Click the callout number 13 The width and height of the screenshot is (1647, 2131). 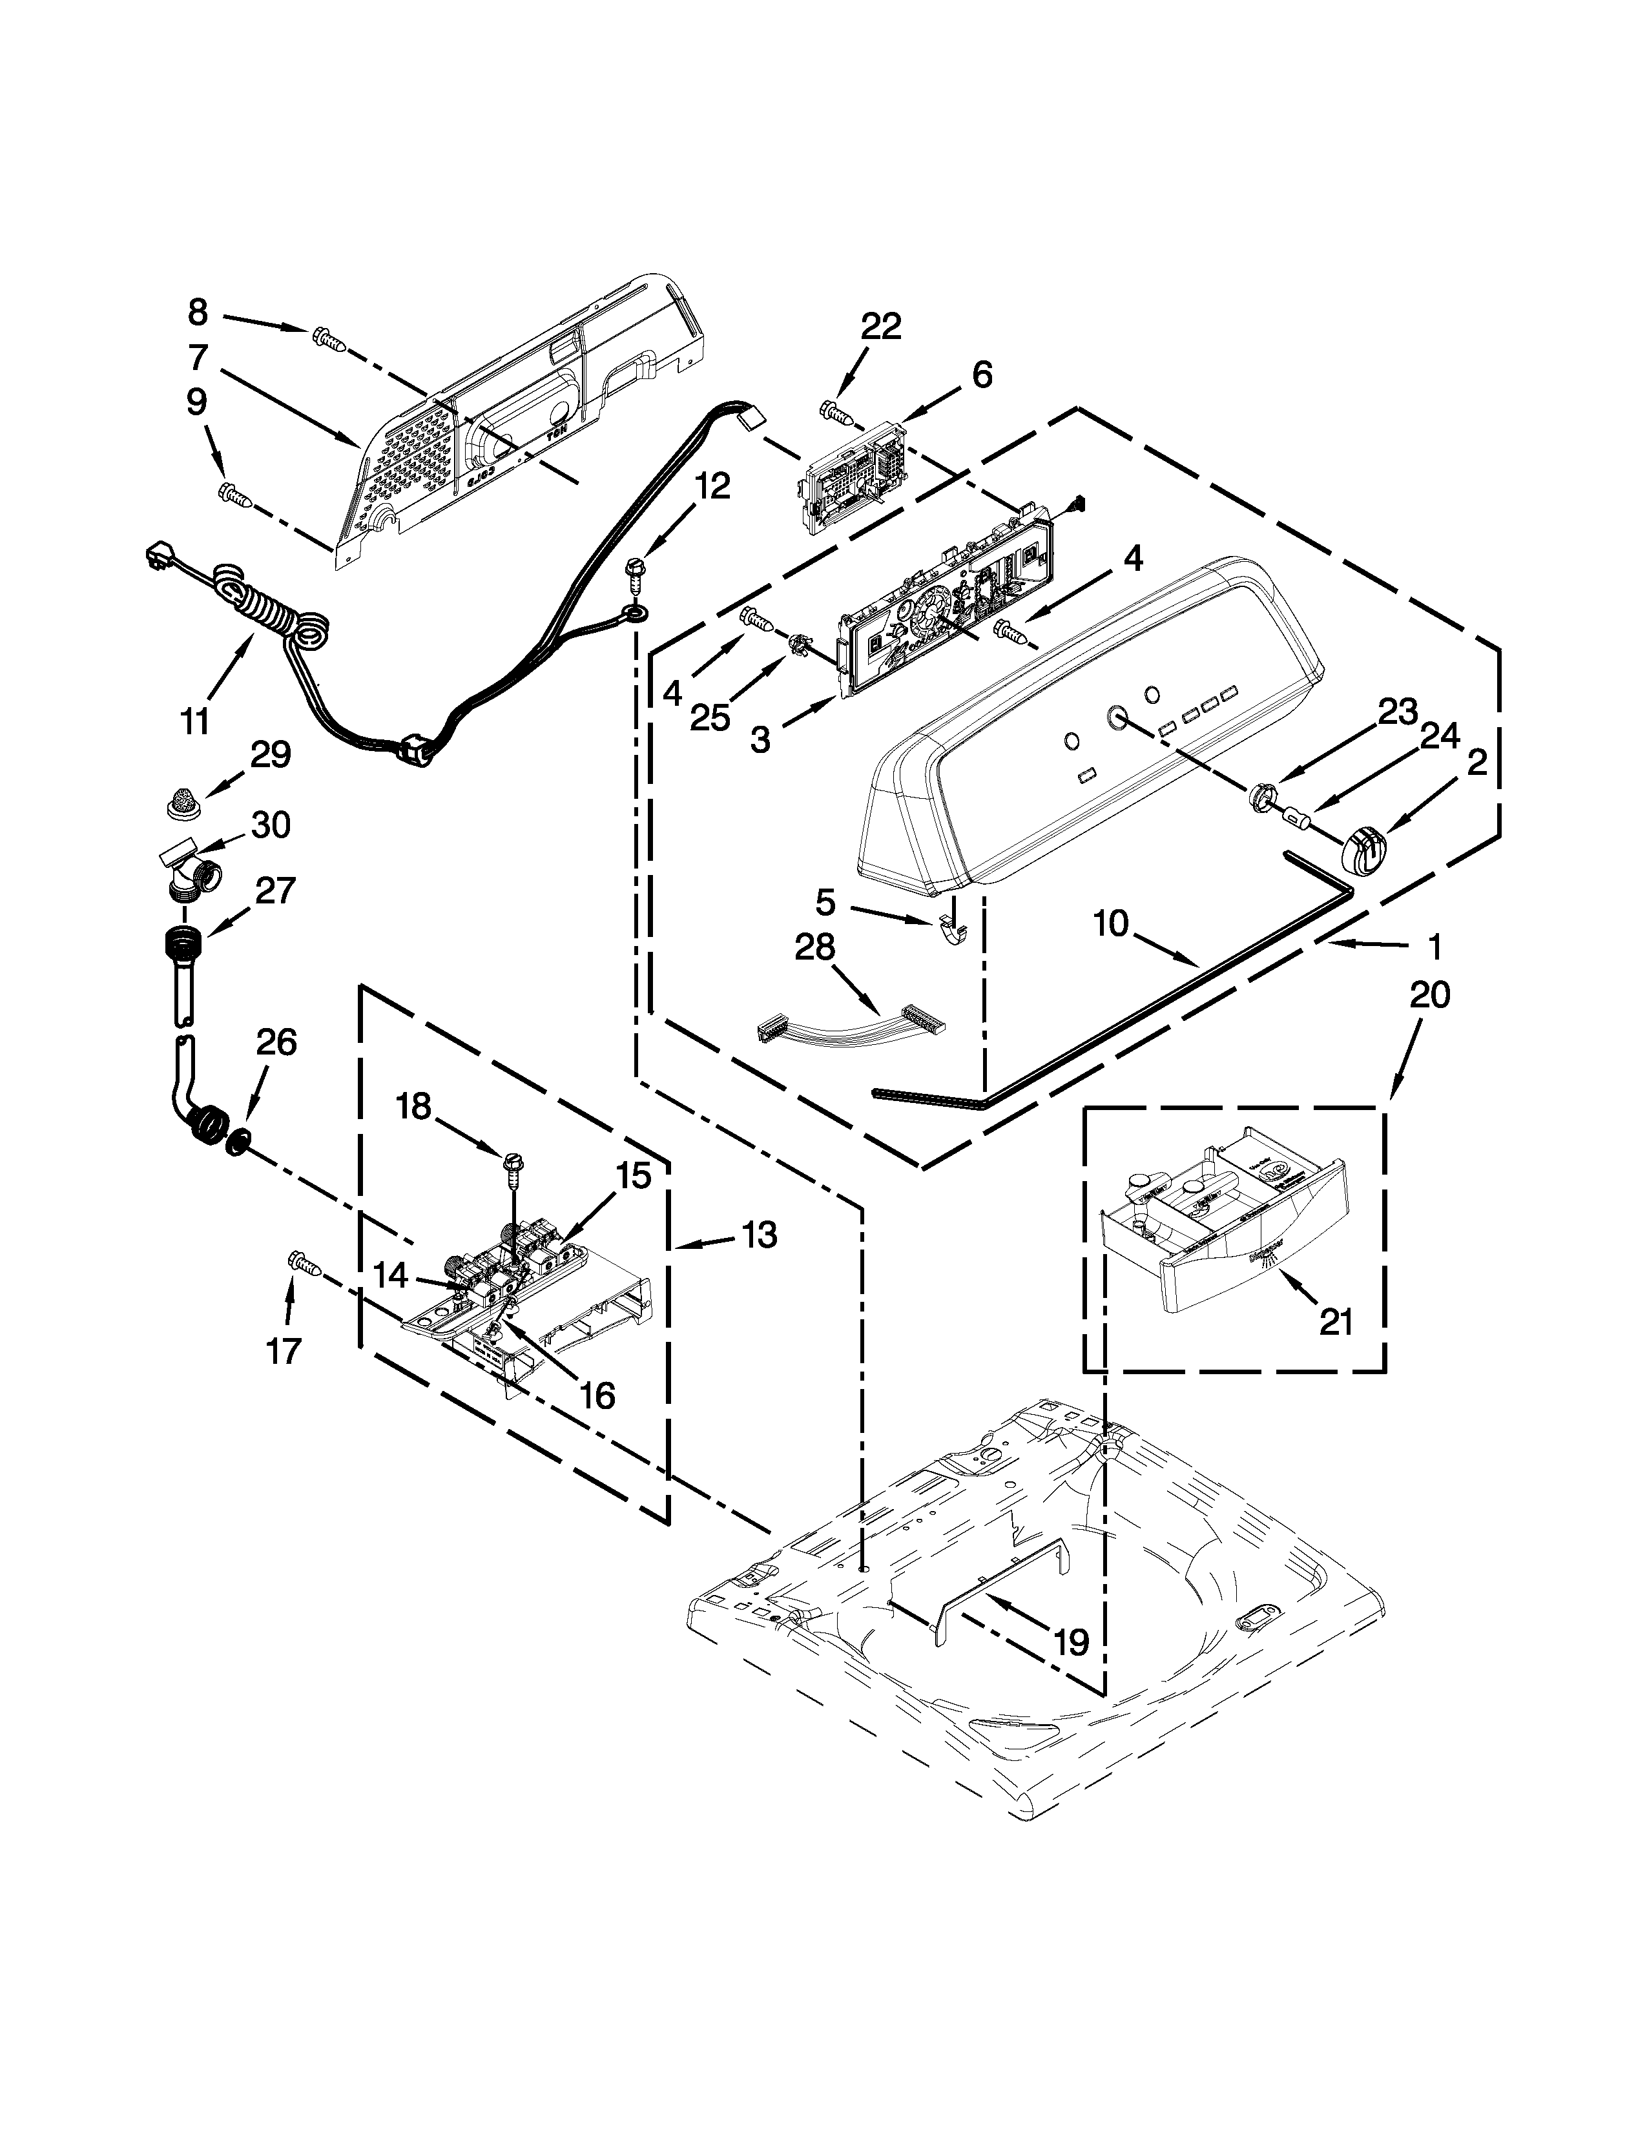758,1234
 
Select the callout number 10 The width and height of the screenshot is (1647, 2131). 1110,922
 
